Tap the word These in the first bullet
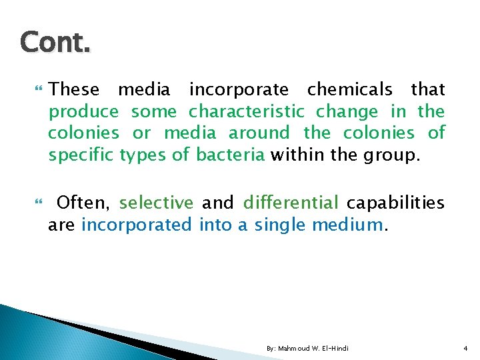74,89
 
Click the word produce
83,112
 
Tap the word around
259,133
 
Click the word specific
81,155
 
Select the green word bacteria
231,155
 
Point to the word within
297,155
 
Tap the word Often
86,203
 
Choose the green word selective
157,203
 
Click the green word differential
291,203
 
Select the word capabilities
396,203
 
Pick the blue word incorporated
137,225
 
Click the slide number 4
465,349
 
